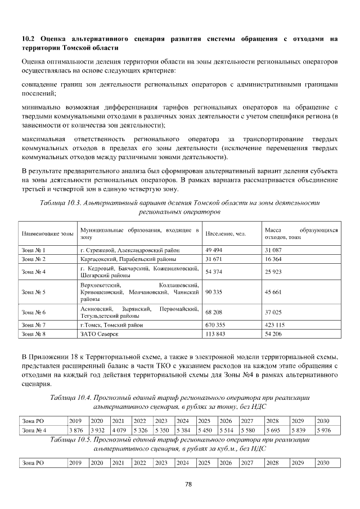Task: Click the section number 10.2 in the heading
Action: point(28,39)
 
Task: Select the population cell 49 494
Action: point(215,249)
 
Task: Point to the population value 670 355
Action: point(216,325)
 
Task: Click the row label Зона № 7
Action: point(33,325)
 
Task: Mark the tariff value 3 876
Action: point(75,430)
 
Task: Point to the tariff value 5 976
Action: point(324,430)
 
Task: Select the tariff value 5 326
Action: point(140,430)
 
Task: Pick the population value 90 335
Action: point(216,292)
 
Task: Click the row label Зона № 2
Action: point(33,259)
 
